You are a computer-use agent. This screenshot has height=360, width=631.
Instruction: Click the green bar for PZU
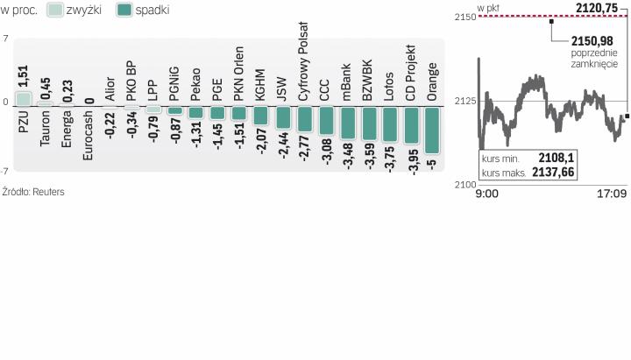pos(24,97)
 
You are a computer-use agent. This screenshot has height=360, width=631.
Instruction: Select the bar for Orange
pos(430,129)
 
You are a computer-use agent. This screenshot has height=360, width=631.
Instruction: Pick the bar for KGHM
pos(259,115)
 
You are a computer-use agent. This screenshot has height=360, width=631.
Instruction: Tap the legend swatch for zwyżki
pos(53,11)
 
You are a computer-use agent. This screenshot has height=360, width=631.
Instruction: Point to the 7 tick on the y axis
pos(6,39)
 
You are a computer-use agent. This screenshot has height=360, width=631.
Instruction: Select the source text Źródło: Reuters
pos(33,191)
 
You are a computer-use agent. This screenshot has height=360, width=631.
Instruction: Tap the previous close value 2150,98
pos(592,40)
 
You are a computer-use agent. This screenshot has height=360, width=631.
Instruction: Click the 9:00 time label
pos(487,193)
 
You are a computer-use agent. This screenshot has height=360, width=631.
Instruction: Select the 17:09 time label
pos(612,193)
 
